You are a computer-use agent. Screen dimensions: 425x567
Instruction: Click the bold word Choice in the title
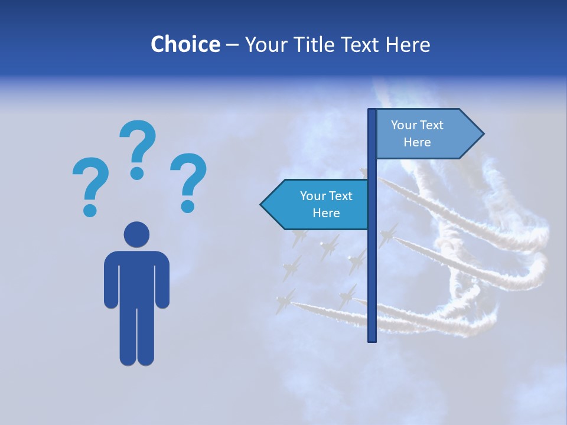(x=185, y=44)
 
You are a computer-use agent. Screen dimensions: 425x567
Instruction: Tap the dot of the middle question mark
(x=137, y=173)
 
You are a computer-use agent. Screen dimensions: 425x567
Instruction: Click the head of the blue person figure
(x=136, y=234)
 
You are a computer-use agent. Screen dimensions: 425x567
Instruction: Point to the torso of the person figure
(x=136, y=277)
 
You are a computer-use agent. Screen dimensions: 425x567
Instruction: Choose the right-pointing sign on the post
(x=425, y=134)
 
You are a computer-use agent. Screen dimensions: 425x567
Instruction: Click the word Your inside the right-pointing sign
(x=404, y=125)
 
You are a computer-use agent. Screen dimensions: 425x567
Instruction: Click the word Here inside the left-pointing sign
(x=326, y=213)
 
